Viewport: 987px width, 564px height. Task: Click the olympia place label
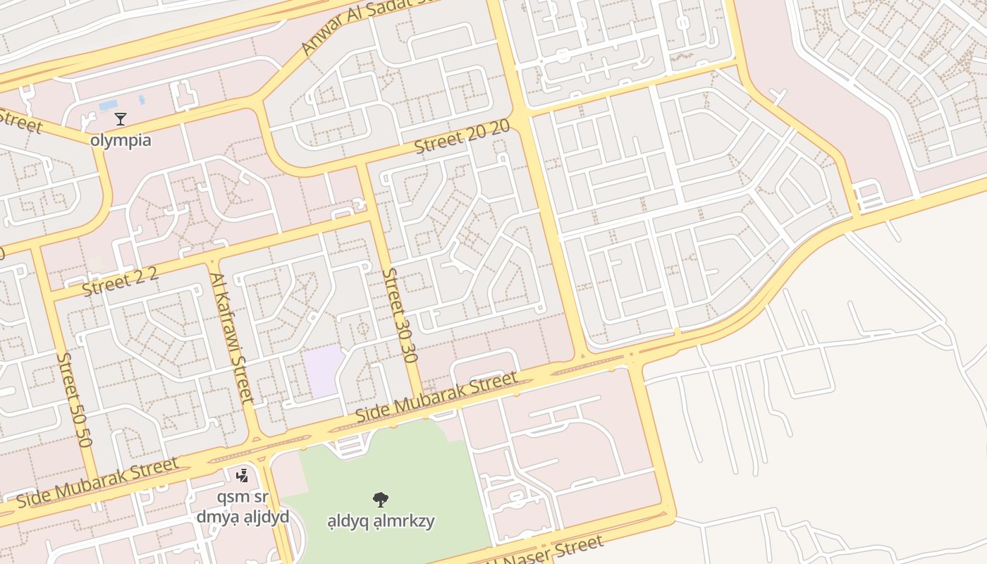click(121, 140)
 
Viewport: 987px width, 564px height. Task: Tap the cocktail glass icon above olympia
click(121, 119)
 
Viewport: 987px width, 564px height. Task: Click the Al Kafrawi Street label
click(232, 338)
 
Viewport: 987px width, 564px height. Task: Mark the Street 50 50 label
click(74, 400)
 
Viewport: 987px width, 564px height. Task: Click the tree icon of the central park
click(381, 500)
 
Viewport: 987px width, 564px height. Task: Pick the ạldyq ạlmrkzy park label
click(381, 522)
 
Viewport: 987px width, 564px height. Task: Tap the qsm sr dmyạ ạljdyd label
click(243, 506)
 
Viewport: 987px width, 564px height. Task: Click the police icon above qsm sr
click(243, 476)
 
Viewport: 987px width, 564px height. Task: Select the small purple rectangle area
click(322, 371)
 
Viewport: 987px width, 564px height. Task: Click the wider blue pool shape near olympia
click(109, 106)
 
